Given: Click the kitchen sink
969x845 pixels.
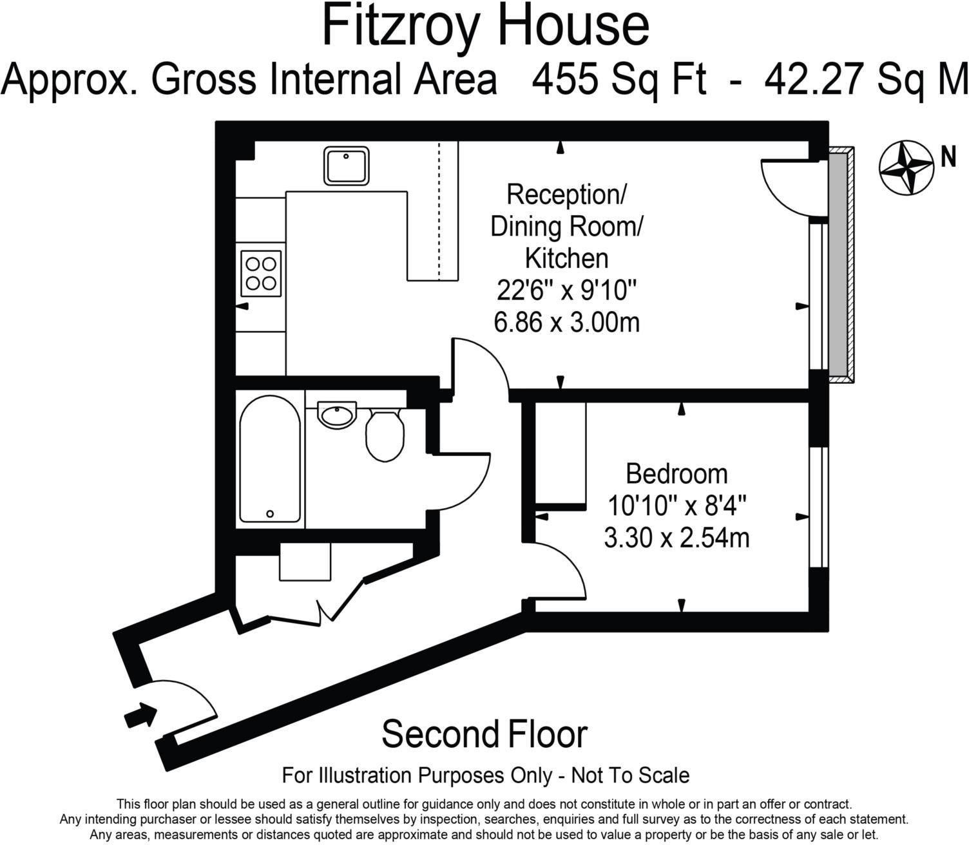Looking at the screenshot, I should coord(347,166).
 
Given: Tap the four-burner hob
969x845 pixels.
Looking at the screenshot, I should coord(261,273).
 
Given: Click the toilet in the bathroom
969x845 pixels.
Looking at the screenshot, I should coord(385,435).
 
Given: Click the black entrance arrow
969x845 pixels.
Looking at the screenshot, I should coord(140,715).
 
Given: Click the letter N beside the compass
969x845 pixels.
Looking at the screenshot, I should coord(948,157).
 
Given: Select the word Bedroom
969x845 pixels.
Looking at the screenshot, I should coord(676,474).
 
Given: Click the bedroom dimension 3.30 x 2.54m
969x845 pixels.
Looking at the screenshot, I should coord(676,538).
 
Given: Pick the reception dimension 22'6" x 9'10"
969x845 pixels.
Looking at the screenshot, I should coord(566,290).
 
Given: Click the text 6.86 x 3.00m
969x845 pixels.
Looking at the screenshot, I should coord(566,322).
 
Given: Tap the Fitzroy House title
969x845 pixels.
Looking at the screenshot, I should coord(485,26).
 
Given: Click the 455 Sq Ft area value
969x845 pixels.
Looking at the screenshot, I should coord(619,80).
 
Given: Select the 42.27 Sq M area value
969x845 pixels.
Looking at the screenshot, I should coord(866,80).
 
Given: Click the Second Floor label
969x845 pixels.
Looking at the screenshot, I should coord(484,734).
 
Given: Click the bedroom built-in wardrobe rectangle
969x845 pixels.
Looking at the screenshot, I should coord(561,453).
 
